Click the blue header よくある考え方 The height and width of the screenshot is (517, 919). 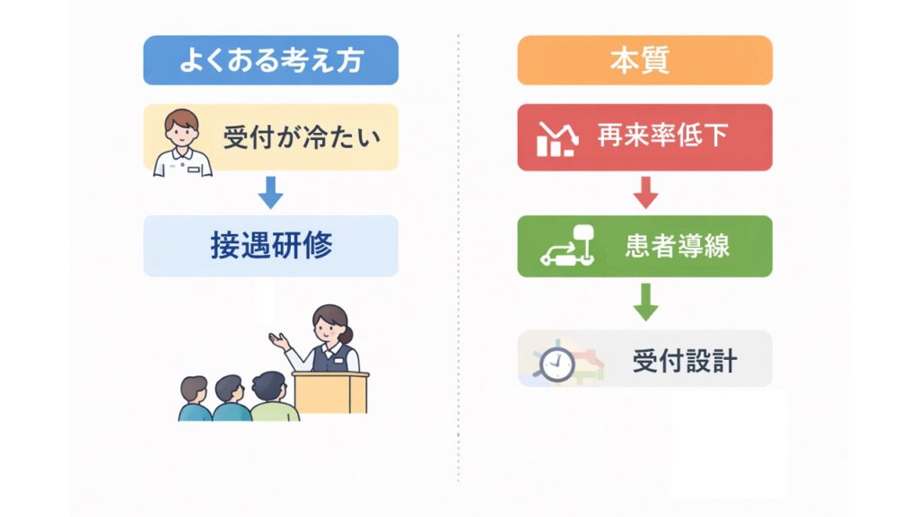point(271,60)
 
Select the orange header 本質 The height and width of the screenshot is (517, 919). point(644,60)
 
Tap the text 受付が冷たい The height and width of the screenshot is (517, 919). point(302,137)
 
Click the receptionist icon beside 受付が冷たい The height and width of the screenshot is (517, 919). point(182,143)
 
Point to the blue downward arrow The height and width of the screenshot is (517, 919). point(271,193)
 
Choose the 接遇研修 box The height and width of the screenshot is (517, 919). point(271,246)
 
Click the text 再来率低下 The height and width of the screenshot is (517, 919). point(663,136)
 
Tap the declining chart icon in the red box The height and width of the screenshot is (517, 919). point(557,139)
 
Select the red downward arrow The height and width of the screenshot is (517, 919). point(645,193)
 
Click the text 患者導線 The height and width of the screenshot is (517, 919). point(677,246)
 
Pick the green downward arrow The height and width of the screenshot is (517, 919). point(645,302)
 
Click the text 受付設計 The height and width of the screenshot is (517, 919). point(685,360)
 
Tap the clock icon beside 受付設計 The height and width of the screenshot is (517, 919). point(556,364)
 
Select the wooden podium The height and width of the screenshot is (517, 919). point(330,392)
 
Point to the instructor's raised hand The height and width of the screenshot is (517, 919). point(279,340)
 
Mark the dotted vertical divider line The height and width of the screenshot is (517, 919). point(459,258)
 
